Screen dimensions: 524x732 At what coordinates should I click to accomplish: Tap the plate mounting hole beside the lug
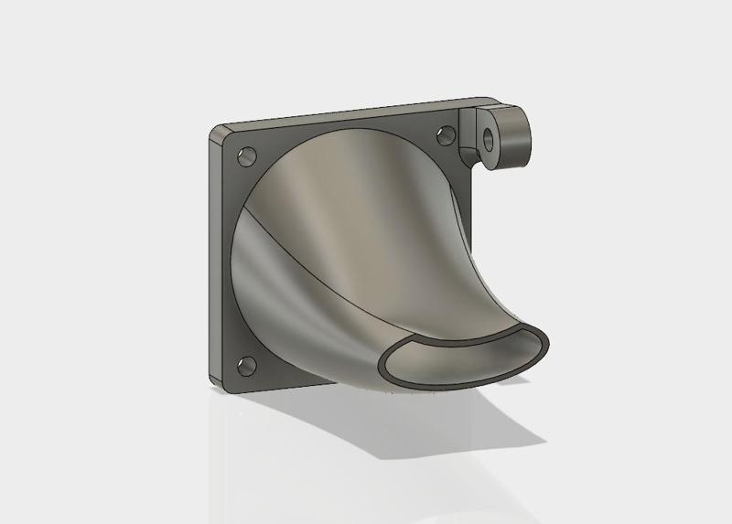pos(446,135)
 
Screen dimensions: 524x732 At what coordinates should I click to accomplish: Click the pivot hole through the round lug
pos(490,138)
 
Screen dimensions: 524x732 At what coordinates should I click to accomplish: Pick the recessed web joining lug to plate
pos(469,137)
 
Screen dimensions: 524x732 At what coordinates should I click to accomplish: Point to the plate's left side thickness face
pos(214,256)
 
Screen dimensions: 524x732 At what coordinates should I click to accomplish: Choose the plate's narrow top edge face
pos(348,112)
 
